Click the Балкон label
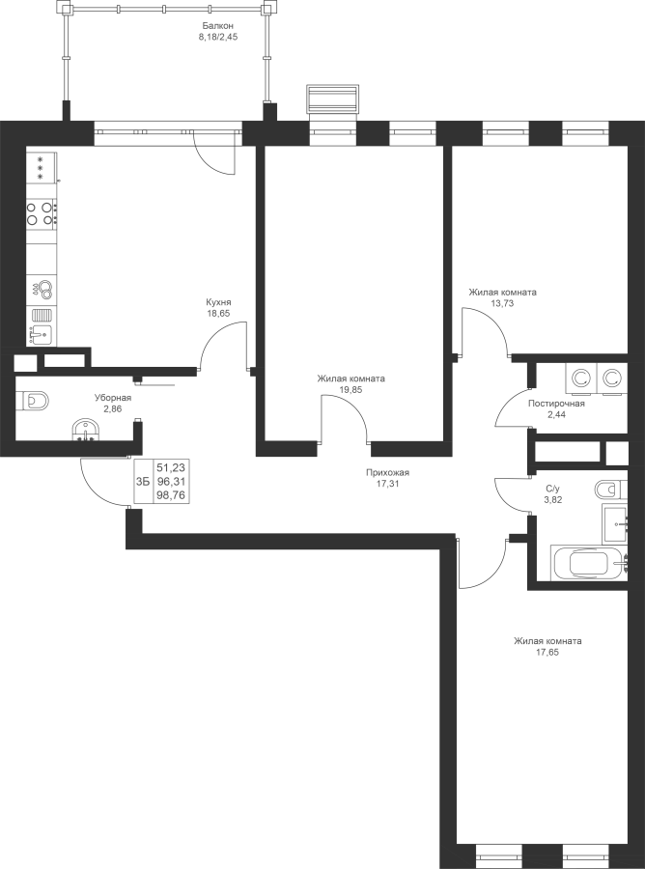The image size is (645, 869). (x=218, y=26)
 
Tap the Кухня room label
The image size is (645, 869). (x=218, y=302)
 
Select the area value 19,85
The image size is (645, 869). (x=351, y=390)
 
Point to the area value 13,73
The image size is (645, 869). (x=503, y=303)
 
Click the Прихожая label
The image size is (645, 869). (x=387, y=473)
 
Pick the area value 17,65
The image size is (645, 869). (x=547, y=653)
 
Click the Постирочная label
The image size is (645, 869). (x=556, y=404)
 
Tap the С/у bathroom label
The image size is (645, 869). (x=553, y=489)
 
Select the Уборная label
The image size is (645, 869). (x=112, y=398)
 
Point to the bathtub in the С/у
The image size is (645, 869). (x=590, y=564)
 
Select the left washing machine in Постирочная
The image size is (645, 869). (x=580, y=379)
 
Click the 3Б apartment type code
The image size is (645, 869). (x=143, y=481)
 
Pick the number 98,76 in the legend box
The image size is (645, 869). (x=171, y=495)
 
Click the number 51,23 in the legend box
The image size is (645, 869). (x=171, y=467)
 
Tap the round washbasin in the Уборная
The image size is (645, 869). (x=85, y=430)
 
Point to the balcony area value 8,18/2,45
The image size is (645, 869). (x=218, y=37)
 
